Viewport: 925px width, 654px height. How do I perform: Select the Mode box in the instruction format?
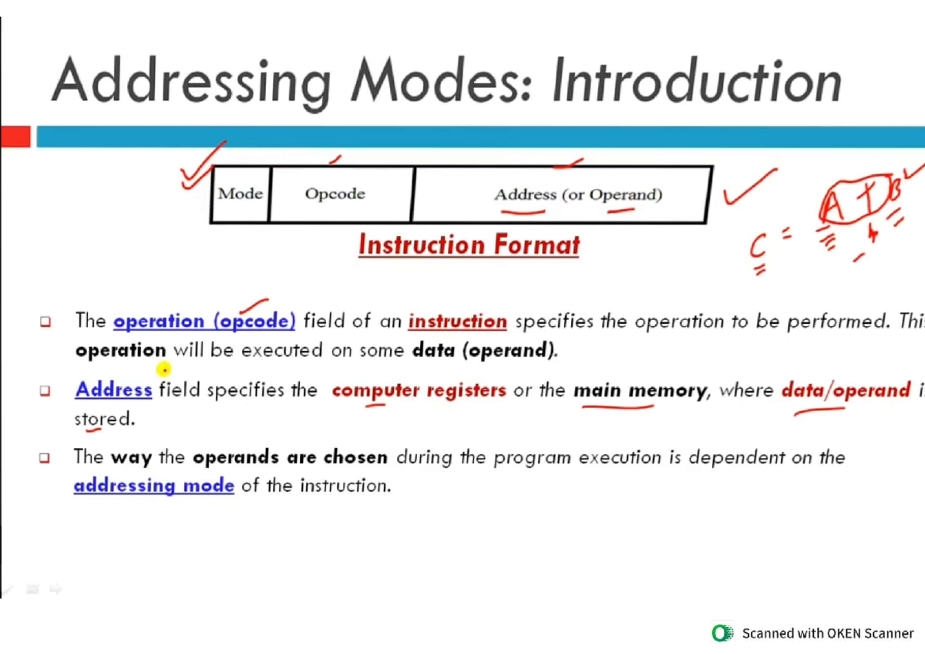240,194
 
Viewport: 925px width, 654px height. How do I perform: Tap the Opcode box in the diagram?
335,194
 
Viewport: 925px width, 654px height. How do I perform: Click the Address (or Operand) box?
578,194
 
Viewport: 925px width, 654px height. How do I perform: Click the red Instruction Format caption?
469,245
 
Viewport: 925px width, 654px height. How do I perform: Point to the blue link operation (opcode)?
204,321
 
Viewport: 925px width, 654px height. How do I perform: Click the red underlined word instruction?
457,321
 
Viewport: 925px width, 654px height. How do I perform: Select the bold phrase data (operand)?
484,351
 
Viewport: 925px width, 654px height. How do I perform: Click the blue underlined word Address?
113,390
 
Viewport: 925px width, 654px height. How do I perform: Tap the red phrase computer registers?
419,390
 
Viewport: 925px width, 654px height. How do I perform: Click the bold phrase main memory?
639,390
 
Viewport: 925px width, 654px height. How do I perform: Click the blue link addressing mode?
153,486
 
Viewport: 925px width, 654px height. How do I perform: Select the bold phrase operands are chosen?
290,457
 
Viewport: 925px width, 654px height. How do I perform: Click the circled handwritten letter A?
832,206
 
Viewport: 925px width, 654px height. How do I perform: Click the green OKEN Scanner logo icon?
722,633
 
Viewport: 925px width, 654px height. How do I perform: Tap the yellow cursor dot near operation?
162,370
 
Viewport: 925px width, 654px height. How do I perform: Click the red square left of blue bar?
15,137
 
